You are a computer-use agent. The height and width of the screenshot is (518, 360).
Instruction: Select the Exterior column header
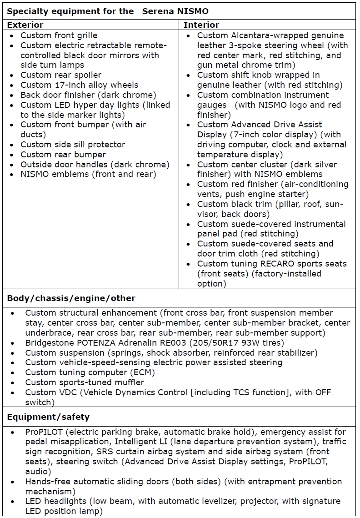tap(25, 25)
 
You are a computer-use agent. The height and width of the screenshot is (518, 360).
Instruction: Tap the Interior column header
tap(201, 25)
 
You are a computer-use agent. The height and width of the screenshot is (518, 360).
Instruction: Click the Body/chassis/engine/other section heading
tap(71, 298)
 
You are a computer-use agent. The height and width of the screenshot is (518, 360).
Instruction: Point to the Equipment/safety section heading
tap(48, 417)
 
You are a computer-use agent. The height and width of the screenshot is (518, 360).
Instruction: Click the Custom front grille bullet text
tap(59, 35)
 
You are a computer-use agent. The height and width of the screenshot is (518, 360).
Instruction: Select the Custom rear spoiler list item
tap(61, 75)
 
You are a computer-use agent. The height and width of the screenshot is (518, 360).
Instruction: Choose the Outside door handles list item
tap(95, 165)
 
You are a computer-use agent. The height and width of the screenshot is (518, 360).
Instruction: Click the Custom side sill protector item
tap(73, 145)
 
